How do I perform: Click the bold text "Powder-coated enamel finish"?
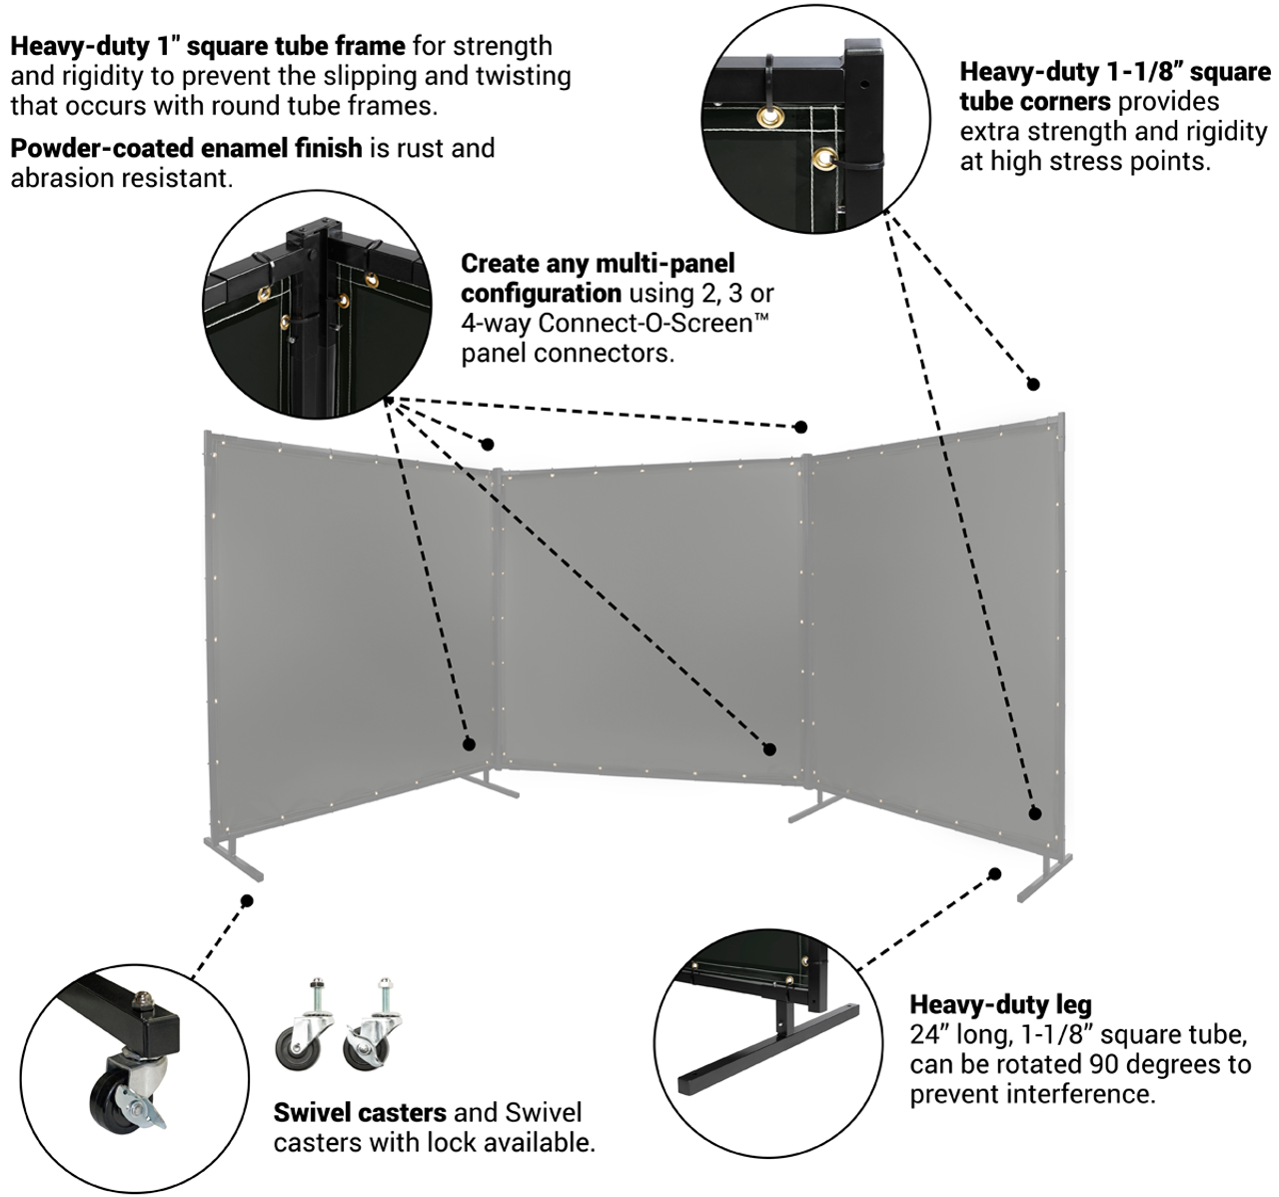coord(186,148)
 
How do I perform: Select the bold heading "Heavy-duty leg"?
coord(999,1004)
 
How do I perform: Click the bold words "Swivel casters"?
coord(360,1112)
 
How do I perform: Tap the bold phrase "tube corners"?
coord(1034,102)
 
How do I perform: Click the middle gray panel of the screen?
coord(649,619)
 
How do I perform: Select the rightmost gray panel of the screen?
coord(934,619)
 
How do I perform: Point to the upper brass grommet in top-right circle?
coord(770,118)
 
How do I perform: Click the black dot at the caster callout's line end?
coord(247,900)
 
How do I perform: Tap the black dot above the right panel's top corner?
coord(1034,384)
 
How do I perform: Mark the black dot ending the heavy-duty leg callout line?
coord(994,873)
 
